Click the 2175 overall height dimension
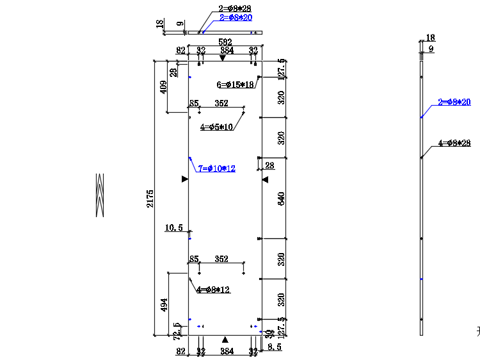point(150,199)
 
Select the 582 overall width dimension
point(225,42)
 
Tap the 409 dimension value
point(164,86)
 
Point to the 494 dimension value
point(164,306)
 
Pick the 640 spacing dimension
point(281,198)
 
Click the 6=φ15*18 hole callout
point(236,85)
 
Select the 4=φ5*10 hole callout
point(217,127)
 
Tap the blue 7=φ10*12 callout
point(217,168)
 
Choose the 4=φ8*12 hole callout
point(214,290)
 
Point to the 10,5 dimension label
point(174,227)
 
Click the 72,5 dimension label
point(177,331)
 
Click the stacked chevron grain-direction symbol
point(100,195)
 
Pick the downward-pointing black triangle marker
point(223,58)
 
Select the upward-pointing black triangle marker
point(225,339)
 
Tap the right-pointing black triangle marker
point(184,179)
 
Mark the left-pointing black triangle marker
point(265,180)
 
